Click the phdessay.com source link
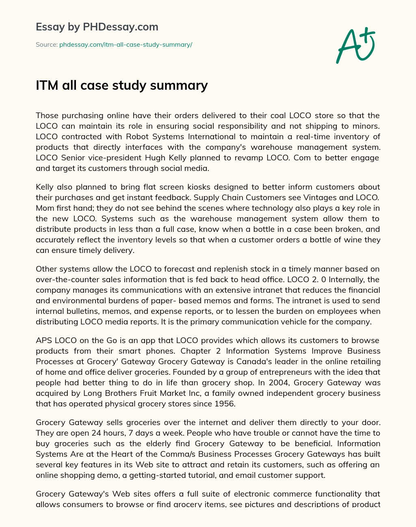(x=126, y=45)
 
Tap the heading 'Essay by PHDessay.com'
(x=97, y=27)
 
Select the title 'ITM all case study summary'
(x=122, y=85)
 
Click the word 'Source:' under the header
(x=47, y=45)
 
